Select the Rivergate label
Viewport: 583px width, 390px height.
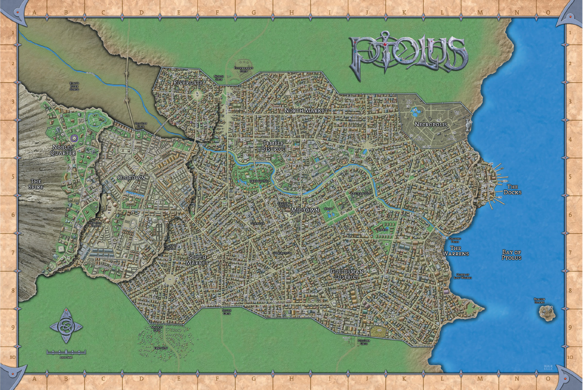coord(188,83)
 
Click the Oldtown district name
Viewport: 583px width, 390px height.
coord(131,178)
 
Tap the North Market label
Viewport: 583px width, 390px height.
coord(306,111)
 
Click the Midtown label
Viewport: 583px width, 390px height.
coord(305,210)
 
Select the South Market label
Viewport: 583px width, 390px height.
coord(197,260)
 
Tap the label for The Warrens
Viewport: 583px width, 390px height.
coord(455,251)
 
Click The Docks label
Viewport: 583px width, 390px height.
coord(514,190)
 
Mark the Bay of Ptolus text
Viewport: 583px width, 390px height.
coord(511,255)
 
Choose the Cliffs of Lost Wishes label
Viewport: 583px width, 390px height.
coord(464,276)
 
